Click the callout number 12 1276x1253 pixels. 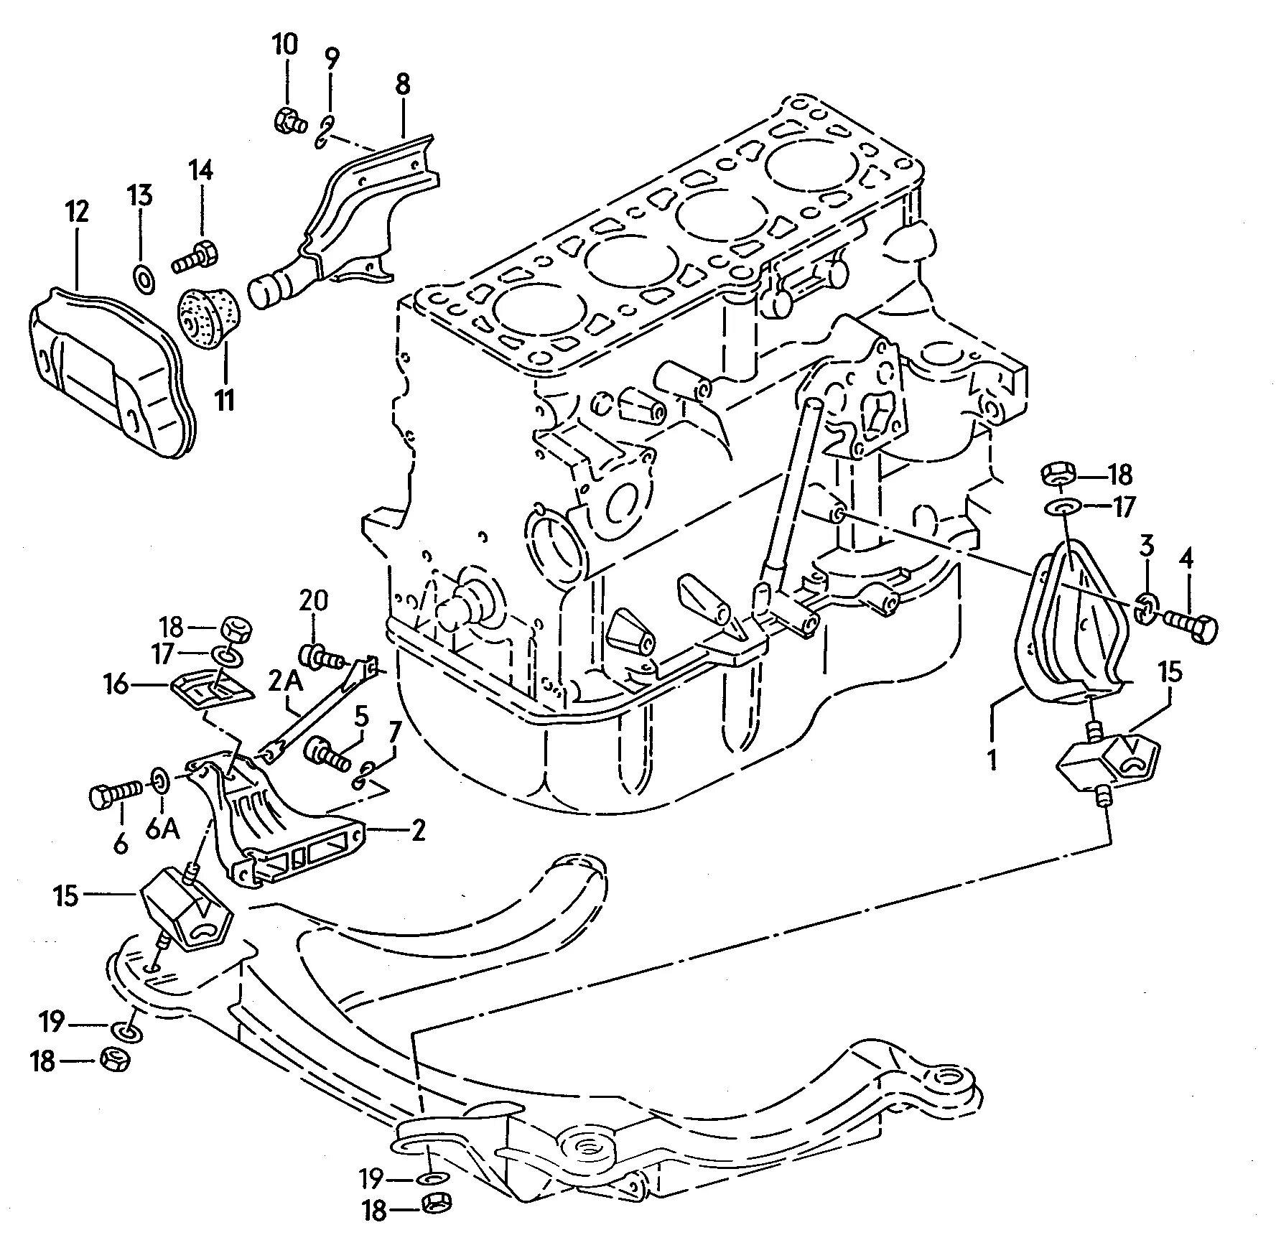[78, 212]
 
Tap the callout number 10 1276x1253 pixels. [284, 45]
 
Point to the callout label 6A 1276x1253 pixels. [164, 829]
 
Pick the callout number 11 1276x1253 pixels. [225, 399]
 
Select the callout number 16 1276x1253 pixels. [115, 684]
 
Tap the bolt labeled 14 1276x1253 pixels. [194, 258]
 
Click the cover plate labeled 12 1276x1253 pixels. [113, 369]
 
